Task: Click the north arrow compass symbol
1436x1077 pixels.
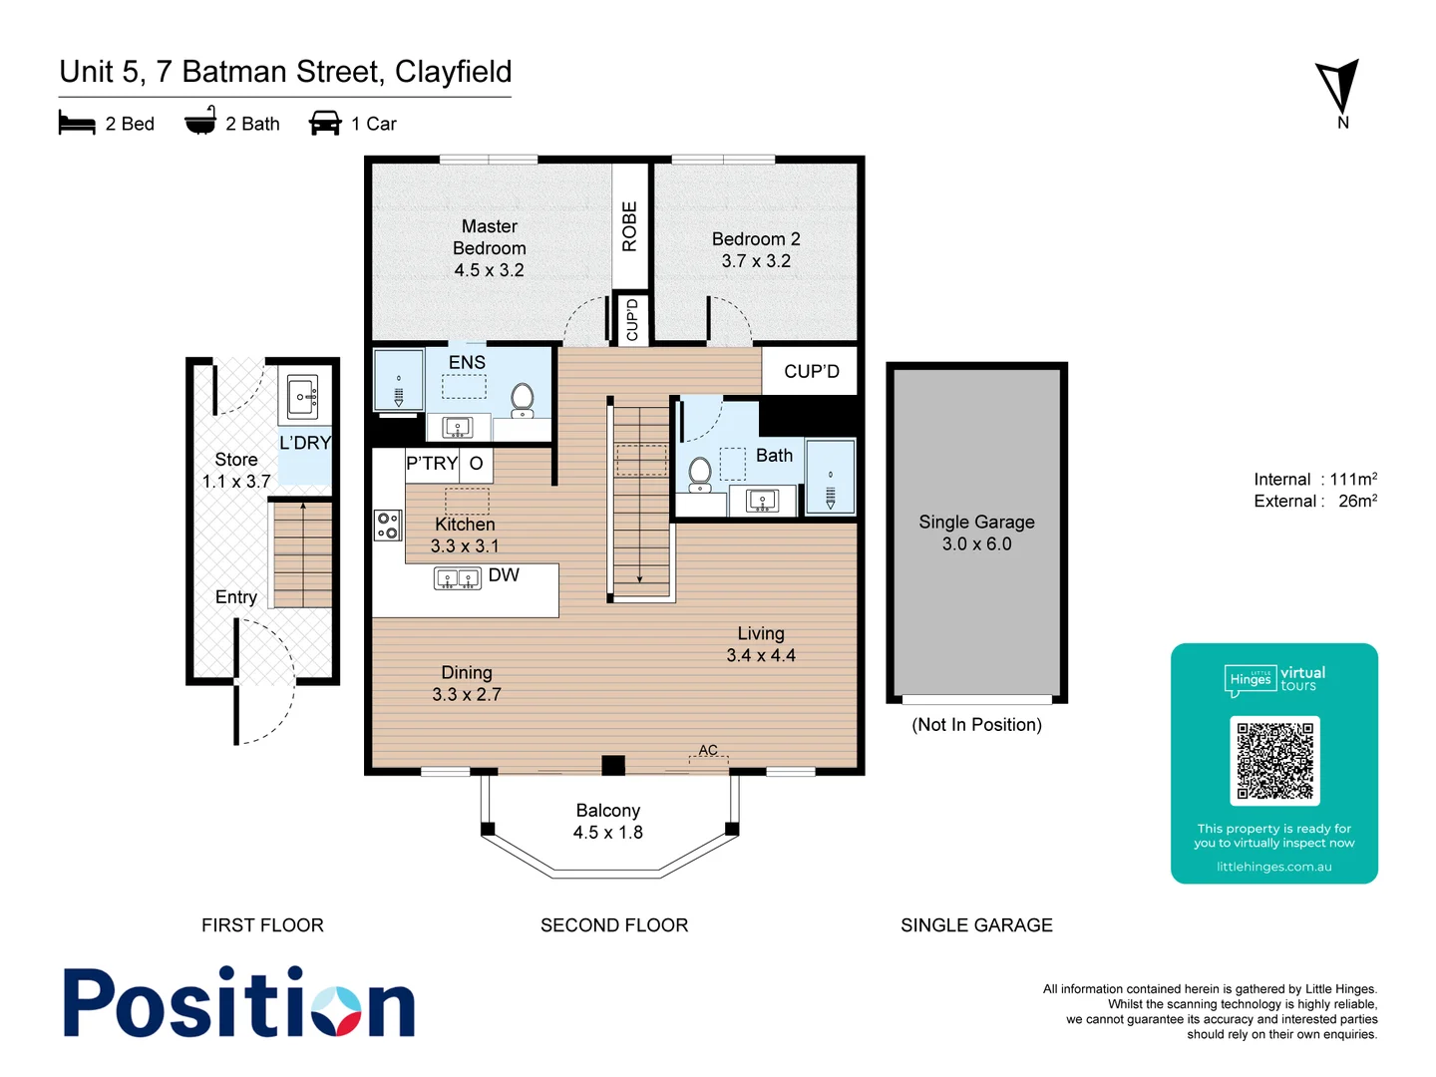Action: point(1339,87)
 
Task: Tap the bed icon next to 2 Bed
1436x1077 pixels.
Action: point(77,123)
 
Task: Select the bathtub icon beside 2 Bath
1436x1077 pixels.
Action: point(200,121)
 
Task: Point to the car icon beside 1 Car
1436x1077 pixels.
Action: point(325,123)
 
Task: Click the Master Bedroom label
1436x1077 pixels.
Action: point(489,248)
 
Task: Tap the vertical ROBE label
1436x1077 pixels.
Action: point(629,226)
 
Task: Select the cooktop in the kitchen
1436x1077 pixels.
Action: point(387,526)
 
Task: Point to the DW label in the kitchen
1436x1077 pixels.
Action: point(504,575)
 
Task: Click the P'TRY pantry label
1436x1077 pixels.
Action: point(431,464)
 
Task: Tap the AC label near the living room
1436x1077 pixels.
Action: point(708,750)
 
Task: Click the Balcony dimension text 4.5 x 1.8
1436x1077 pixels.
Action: point(607,833)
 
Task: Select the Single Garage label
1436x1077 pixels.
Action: point(976,522)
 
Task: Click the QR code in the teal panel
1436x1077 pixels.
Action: point(1274,761)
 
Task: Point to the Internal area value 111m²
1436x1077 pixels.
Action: point(1353,480)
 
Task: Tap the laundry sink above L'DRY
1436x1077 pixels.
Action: point(302,397)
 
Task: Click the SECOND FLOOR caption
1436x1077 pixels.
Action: point(614,925)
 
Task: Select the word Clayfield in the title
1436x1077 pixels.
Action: point(453,72)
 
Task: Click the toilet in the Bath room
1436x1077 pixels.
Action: point(700,473)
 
